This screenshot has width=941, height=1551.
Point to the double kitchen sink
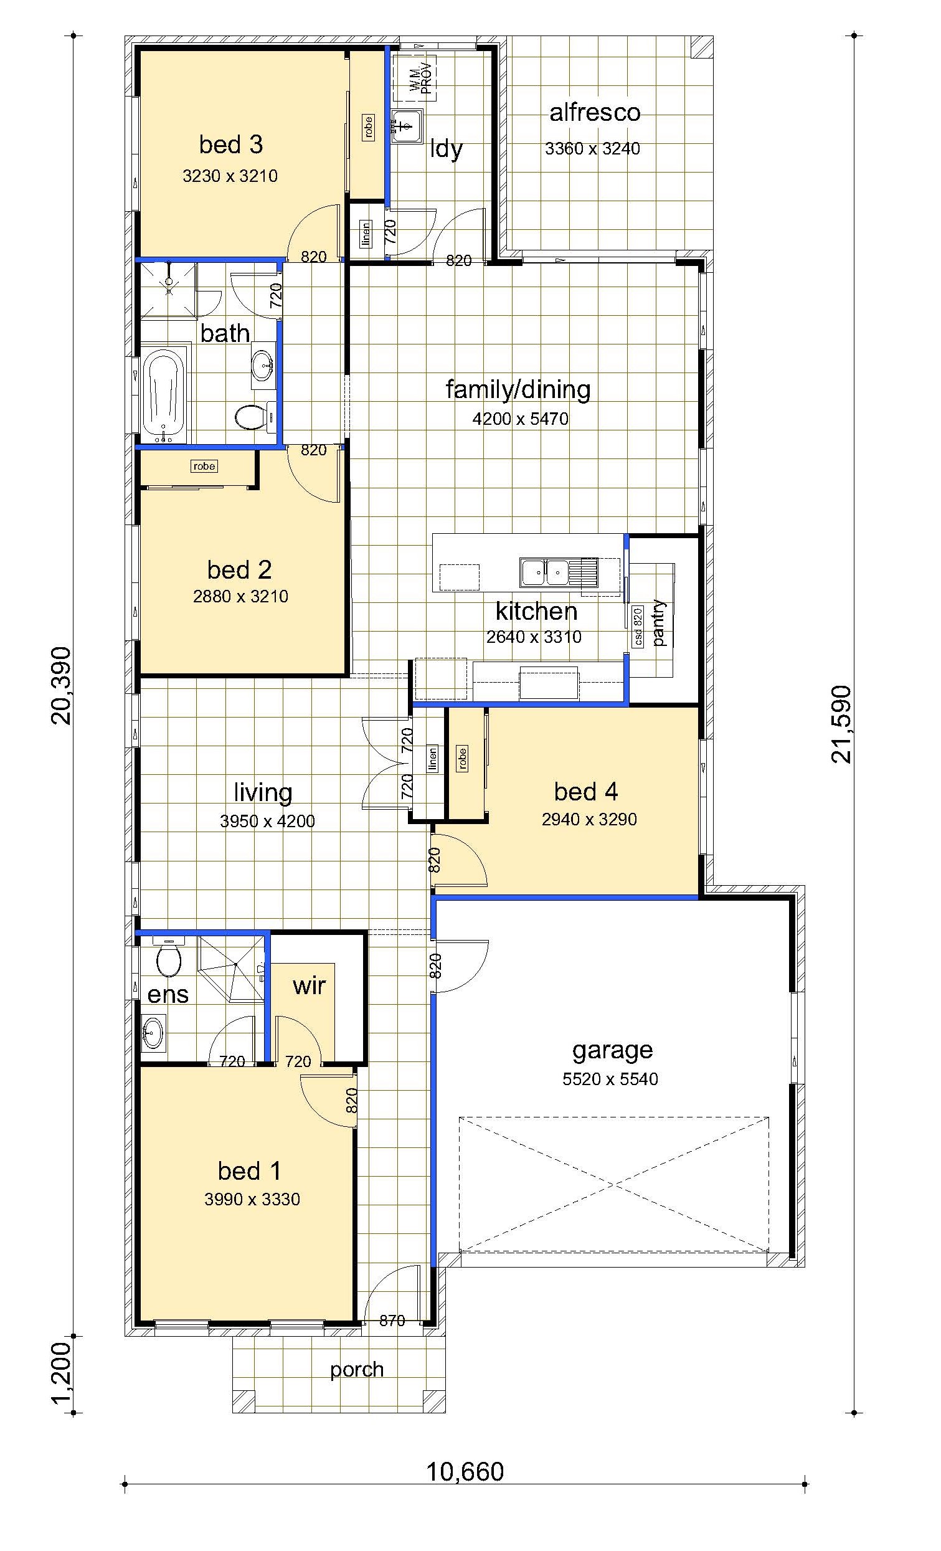pos(544,572)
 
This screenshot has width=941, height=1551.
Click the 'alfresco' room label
pos(595,113)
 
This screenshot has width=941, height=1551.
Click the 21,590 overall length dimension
pos(840,724)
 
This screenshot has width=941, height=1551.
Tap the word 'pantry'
pos(659,622)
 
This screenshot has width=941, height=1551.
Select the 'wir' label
pos(309,986)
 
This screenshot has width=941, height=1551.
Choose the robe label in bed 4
pos(463,759)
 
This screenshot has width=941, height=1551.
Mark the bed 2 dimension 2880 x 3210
pos(240,596)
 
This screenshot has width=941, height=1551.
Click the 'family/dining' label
pos(518,390)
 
